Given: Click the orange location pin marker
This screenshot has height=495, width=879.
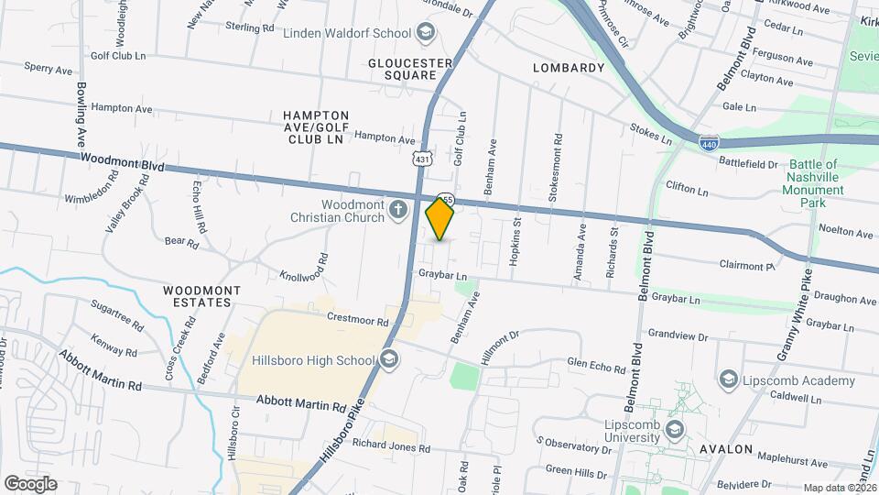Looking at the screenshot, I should [440, 219].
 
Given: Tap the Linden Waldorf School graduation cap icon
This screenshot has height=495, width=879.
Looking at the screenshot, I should [424, 33].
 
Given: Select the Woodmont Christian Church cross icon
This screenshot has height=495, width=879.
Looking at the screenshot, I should [397, 211].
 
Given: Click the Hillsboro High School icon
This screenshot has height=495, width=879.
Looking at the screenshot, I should [389, 359].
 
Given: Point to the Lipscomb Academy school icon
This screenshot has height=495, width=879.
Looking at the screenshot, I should [729, 379].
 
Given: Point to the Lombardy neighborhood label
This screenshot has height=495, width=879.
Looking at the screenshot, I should [569, 68].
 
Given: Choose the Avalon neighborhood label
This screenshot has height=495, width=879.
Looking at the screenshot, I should [726, 450].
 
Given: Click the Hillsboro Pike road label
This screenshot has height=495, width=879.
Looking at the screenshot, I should [348, 438].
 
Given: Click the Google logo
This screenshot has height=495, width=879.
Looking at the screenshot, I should [30, 484].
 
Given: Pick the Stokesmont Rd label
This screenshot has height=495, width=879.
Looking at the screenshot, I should [556, 163].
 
